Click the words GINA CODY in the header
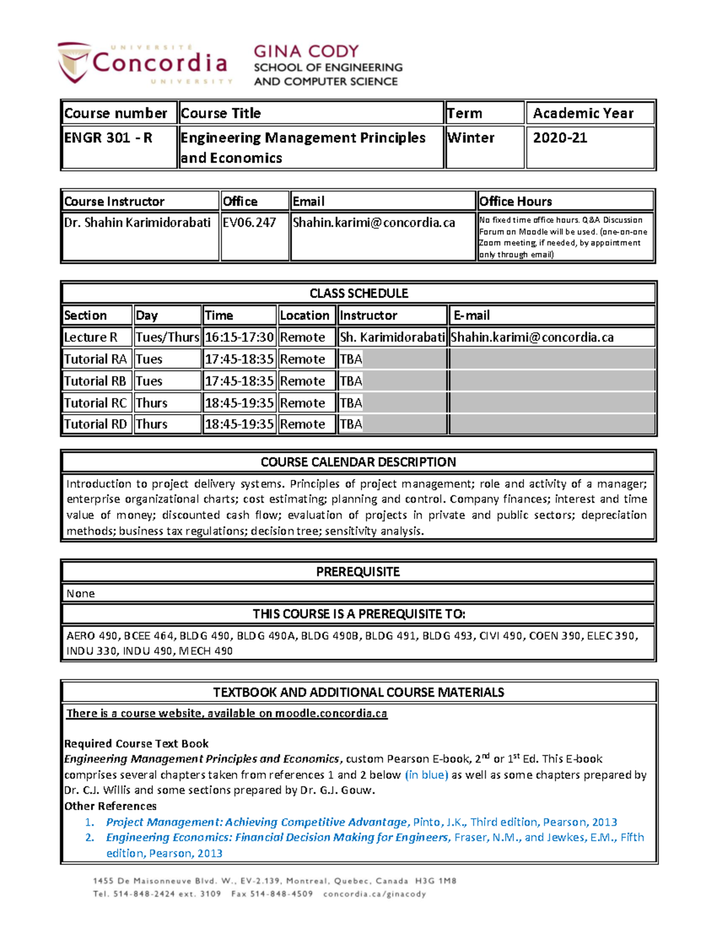click(x=306, y=51)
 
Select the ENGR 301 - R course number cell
click(x=108, y=138)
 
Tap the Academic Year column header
click(x=583, y=113)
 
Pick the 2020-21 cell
click(x=560, y=138)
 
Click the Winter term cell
click(x=471, y=138)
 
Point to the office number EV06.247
click(x=249, y=223)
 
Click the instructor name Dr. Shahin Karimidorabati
click(x=137, y=223)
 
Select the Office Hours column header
click(x=516, y=201)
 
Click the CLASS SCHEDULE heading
click(x=358, y=293)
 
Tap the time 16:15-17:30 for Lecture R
click(x=239, y=338)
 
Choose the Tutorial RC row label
click(x=95, y=403)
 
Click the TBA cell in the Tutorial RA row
click(x=351, y=359)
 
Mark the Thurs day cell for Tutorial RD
click(x=152, y=424)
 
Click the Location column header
click(x=304, y=316)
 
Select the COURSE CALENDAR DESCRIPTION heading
click(x=358, y=462)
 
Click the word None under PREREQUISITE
click(x=81, y=593)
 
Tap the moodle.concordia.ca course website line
click(x=227, y=713)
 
